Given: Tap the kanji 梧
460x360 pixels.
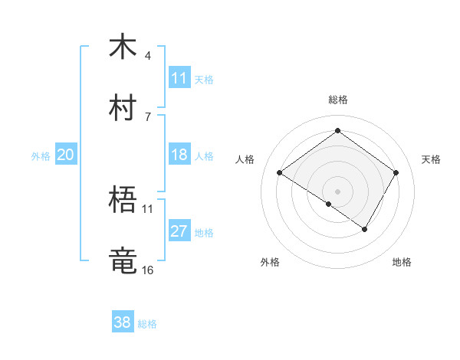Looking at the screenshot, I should [123, 200].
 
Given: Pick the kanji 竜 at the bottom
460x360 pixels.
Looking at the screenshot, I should [123, 261].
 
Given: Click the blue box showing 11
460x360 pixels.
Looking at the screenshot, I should [179, 78].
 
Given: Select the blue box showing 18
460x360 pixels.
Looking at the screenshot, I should [179, 155].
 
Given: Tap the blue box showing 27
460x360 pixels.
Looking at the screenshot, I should [179, 231].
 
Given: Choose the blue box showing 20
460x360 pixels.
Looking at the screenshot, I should [65, 155].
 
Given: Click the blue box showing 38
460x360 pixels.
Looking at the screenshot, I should [123, 322].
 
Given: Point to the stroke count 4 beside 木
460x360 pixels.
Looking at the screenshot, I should [148, 56].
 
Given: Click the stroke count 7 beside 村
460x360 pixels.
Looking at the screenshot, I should [148, 117].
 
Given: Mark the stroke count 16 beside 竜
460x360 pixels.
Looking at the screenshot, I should [148, 270].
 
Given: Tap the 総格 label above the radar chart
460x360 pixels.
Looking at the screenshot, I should [338, 100].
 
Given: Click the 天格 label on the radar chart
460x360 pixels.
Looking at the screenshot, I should [431, 159].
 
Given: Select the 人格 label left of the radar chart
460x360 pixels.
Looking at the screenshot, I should [245, 159].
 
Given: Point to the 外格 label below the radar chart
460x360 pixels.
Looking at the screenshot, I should [270, 262].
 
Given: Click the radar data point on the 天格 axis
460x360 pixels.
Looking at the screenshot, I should [396, 173].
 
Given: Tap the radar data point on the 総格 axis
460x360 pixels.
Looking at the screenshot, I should [338, 130].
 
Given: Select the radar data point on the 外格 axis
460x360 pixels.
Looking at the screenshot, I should [329, 204].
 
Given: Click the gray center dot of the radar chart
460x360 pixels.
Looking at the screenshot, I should [338, 191].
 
